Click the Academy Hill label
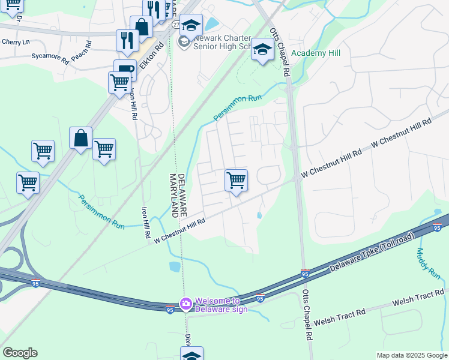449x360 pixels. click(x=316, y=53)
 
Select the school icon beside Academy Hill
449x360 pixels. click(x=262, y=49)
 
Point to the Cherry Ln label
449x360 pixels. click(x=16, y=42)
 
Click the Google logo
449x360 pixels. click(x=20, y=353)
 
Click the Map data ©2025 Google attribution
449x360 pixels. click(x=411, y=355)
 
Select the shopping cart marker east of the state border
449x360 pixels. click(x=236, y=180)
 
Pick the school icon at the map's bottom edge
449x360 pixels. click(x=191, y=355)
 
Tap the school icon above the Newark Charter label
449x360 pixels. click(x=191, y=25)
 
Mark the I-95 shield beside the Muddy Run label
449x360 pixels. click(x=436, y=227)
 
